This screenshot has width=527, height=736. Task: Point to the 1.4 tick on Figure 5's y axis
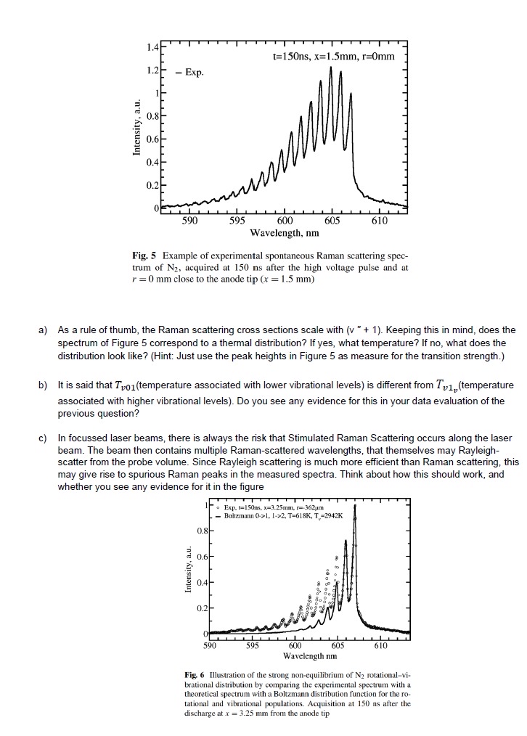click(x=150, y=47)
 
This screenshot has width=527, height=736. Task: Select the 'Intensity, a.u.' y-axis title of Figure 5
click(x=136, y=128)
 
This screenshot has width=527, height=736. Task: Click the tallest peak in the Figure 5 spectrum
click(x=331, y=68)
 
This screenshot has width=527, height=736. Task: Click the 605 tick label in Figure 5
click(x=332, y=221)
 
